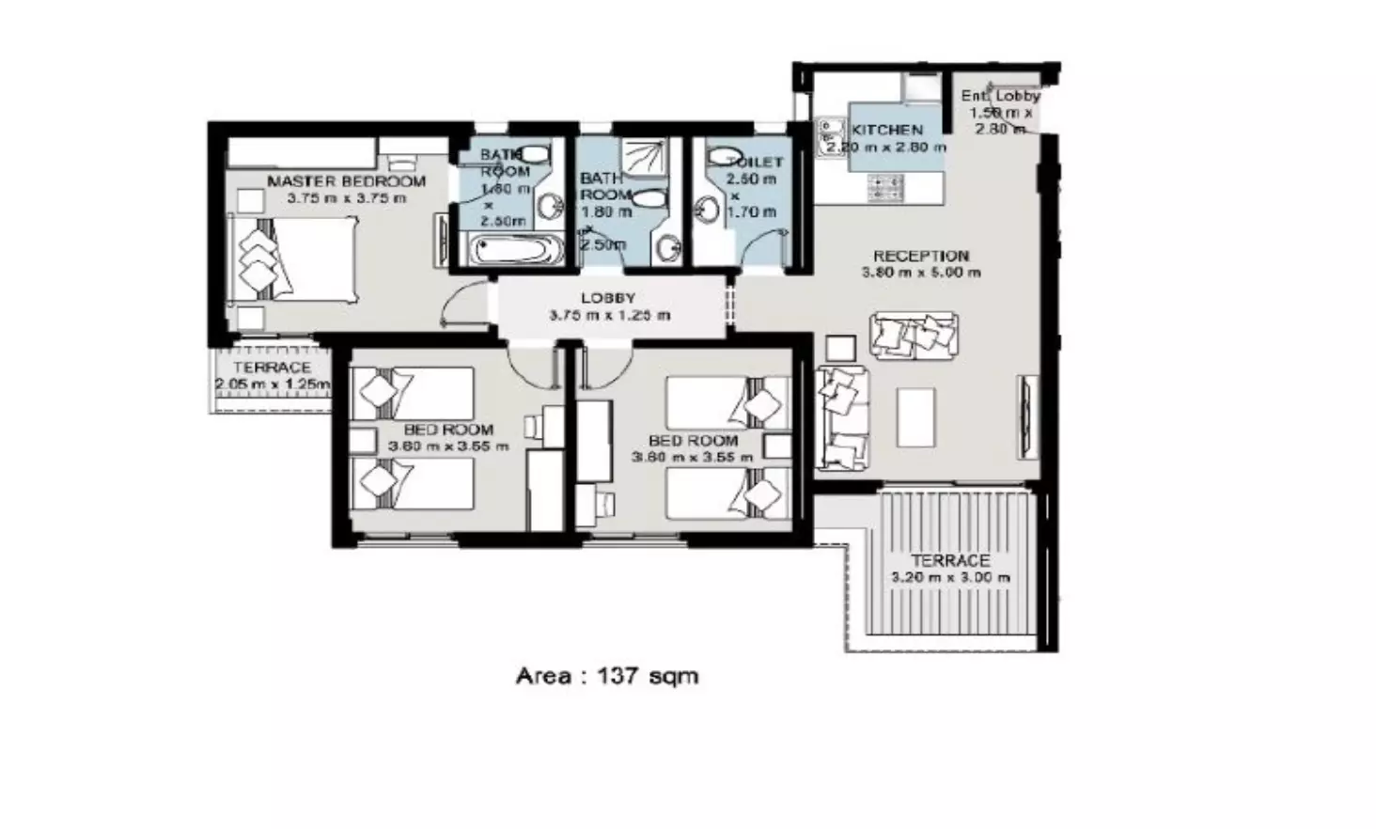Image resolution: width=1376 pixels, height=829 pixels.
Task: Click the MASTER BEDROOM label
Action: pyautogui.click(x=346, y=181)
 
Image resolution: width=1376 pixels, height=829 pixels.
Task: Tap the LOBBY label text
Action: pyautogui.click(x=608, y=298)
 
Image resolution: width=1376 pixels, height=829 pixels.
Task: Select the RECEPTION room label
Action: pyautogui.click(x=920, y=256)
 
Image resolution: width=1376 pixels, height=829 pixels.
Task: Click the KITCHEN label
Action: pyautogui.click(x=887, y=131)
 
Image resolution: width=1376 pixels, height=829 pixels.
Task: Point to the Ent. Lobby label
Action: pyautogui.click(x=1000, y=96)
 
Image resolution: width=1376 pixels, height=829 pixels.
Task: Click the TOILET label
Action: pyautogui.click(x=756, y=162)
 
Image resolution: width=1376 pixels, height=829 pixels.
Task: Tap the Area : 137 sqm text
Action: pyautogui.click(x=607, y=676)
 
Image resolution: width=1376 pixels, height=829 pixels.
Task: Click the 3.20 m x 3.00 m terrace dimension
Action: pyautogui.click(x=950, y=577)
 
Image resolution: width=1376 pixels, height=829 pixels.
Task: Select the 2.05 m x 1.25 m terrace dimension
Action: pyautogui.click(x=273, y=384)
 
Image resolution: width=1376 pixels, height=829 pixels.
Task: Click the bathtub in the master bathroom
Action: pyautogui.click(x=516, y=251)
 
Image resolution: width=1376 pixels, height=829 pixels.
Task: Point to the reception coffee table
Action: pyautogui.click(x=915, y=417)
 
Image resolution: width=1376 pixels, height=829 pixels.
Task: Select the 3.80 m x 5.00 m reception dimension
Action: pyautogui.click(x=920, y=274)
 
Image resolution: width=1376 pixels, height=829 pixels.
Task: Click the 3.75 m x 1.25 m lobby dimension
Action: pyautogui.click(x=609, y=316)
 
